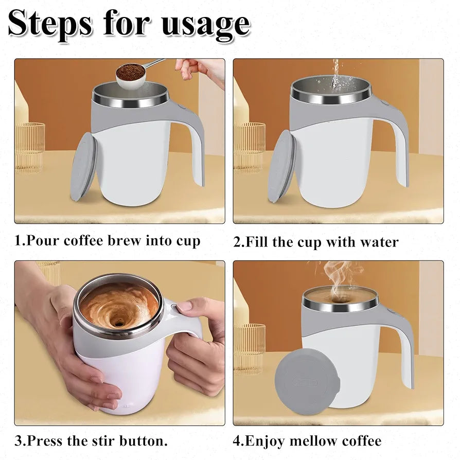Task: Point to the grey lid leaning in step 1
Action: pos(83,166)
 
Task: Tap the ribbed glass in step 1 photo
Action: pos(30,147)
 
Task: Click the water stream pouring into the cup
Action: pos(335,74)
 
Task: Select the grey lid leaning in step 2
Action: pos(281,166)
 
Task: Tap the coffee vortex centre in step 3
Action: pos(118,323)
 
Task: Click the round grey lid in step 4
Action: pos(307,381)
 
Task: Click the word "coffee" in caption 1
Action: pos(83,241)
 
